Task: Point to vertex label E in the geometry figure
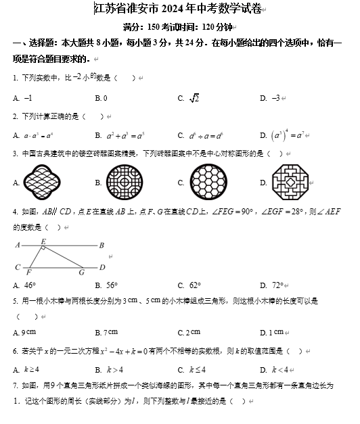(x=43, y=241)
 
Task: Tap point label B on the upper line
(x=102, y=245)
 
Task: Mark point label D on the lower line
(x=102, y=266)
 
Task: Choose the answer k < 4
(x=279, y=370)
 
